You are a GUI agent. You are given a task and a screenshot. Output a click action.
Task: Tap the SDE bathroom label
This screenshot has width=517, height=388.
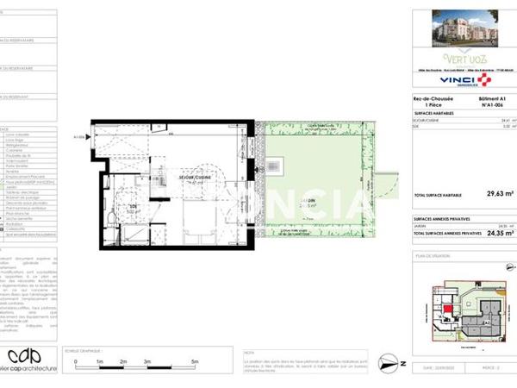pyautogui.click(x=134, y=208)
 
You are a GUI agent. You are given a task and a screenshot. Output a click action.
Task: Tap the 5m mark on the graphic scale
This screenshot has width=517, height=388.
pyautogui.click(x=195, y=362)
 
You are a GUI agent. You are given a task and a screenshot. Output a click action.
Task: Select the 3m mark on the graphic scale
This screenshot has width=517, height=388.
pyautogui.click(x=146, y=362)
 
